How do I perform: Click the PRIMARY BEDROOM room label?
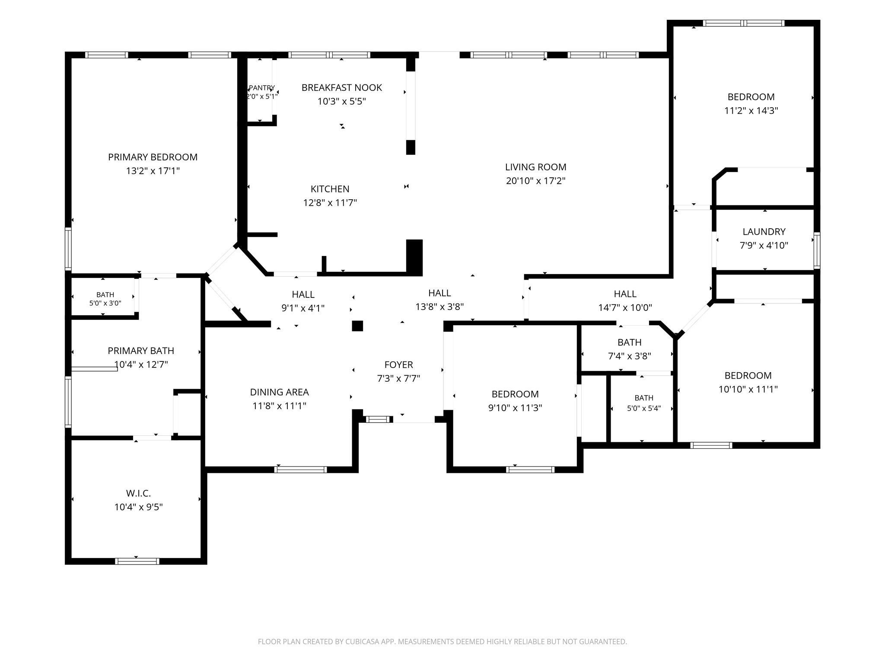point(153,157)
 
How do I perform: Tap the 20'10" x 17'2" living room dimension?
point(536,181)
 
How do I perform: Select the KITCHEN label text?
point(330,189)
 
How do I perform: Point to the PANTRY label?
point(262,88)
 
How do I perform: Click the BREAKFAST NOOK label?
point(342,88)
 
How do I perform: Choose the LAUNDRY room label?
point(764,232)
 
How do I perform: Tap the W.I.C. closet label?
point(139,493)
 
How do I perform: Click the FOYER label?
point(399,365)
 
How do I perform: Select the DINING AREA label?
point(280,392)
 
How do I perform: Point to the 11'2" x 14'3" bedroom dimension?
point(751,111)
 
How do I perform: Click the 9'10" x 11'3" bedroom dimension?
point(515,408)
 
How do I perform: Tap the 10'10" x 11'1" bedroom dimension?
point(748,389)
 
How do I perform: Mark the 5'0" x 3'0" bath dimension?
point(105,303)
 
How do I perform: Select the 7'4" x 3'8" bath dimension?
point(630,356)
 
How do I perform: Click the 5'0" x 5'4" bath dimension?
point(644,409)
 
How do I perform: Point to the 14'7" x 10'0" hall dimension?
point(625,308)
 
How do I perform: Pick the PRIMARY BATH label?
point(141,351)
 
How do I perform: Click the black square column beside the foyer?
point(357,326)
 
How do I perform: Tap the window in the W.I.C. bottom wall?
point(137,561)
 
